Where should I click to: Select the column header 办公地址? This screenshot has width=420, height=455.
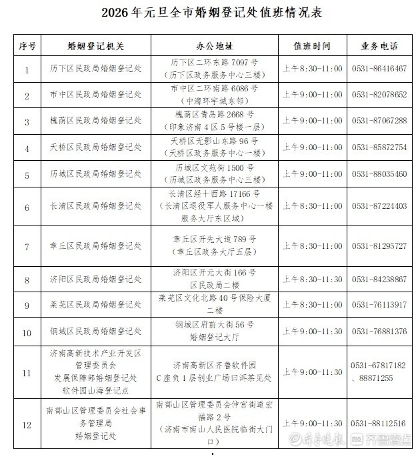[214, 46]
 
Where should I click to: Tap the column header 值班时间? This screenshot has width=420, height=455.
[312, 46]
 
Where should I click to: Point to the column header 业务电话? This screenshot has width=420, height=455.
[379, 46]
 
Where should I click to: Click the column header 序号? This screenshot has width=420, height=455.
[27, 46]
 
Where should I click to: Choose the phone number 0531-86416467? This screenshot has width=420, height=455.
[379, 68]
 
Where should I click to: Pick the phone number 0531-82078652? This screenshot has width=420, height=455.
[379, 95]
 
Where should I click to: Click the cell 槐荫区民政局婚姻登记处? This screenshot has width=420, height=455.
[96, 121]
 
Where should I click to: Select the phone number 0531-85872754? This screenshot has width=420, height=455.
[379, 147]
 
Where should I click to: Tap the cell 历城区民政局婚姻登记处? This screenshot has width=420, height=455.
[96, 174]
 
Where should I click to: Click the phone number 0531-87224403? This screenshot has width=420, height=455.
[379, 206]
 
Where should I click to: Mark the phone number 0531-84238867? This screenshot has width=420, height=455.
[379, 279]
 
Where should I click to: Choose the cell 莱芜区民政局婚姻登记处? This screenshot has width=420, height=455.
[96, 305]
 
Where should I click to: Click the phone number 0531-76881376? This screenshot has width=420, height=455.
[379, 332]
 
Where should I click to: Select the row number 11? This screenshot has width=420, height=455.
[27, 372]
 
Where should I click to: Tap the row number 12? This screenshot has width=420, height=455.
[27, 424]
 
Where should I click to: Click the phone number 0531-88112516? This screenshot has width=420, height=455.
[379, 424]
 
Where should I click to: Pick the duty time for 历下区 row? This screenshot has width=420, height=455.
[312, 68]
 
